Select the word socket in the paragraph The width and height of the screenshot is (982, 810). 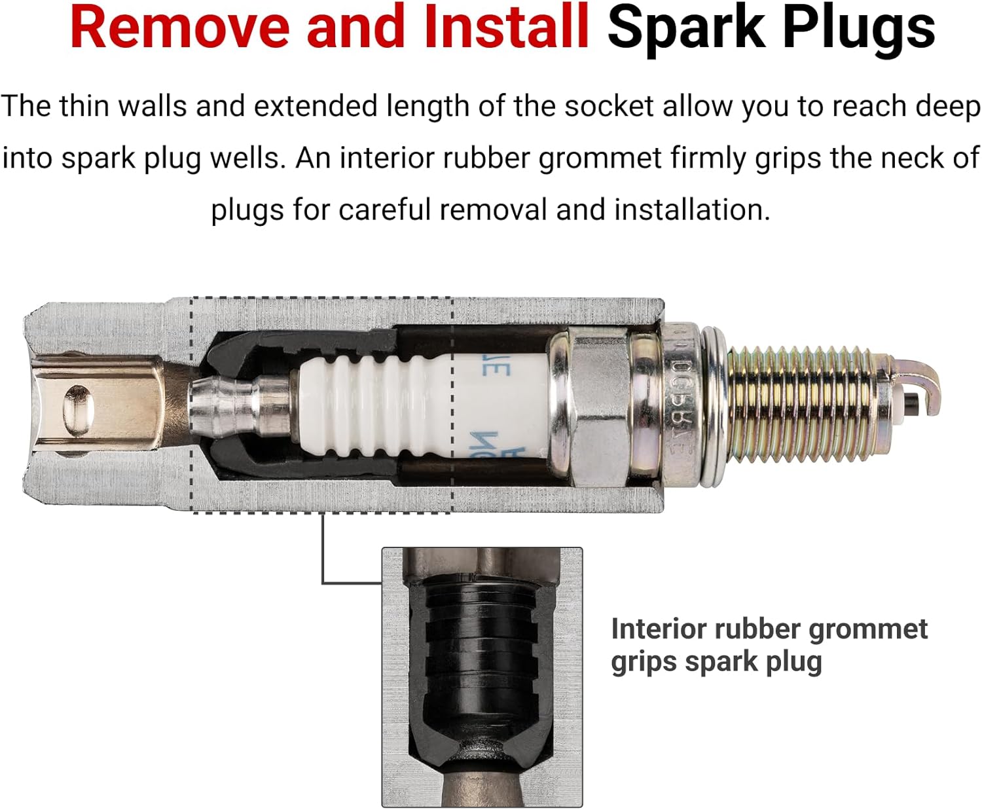click(609, 107)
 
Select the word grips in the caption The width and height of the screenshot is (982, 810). click(643, 662)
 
